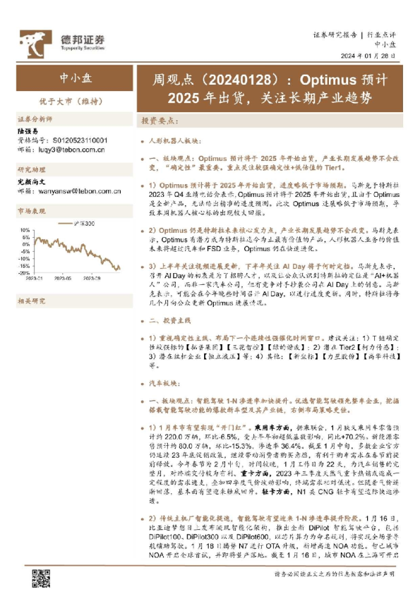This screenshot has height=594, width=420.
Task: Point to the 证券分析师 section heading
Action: click(x=35, y=120)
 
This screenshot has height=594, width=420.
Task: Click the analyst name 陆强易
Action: click(x=29, y=131)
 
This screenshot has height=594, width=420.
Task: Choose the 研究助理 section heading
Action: click(x=30, y=171)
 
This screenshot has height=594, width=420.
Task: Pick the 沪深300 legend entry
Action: click(x=85, y=224)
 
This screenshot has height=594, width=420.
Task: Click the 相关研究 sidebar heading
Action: click(x=30, y=301)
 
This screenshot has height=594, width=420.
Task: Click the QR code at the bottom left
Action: click(x=40, y=578)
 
